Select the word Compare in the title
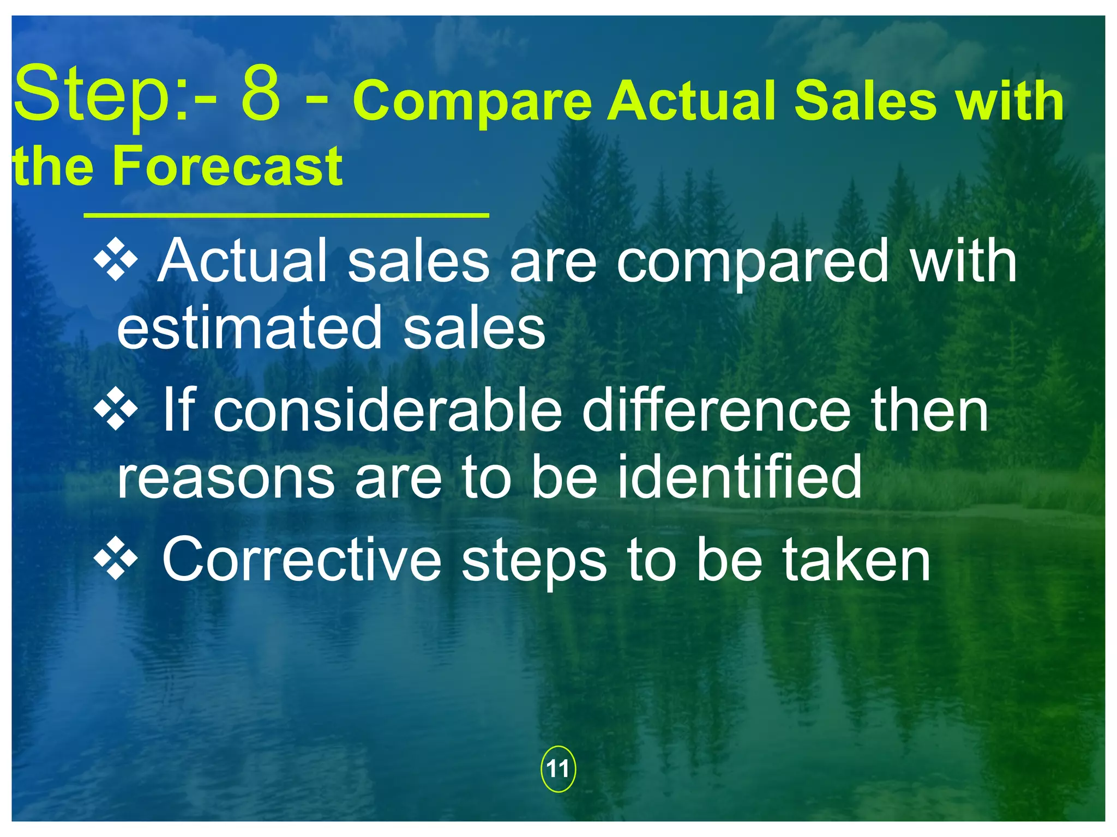tap(472, 101)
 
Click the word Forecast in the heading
tap(227, 166)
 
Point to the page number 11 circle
tap(557, 769)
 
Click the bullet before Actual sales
tap(116, 260)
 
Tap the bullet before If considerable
tap(116, 410)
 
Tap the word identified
tap(740, 477)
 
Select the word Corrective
tap(302, 560)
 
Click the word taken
tap(856, 560)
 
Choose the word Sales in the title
tap(864, 101)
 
